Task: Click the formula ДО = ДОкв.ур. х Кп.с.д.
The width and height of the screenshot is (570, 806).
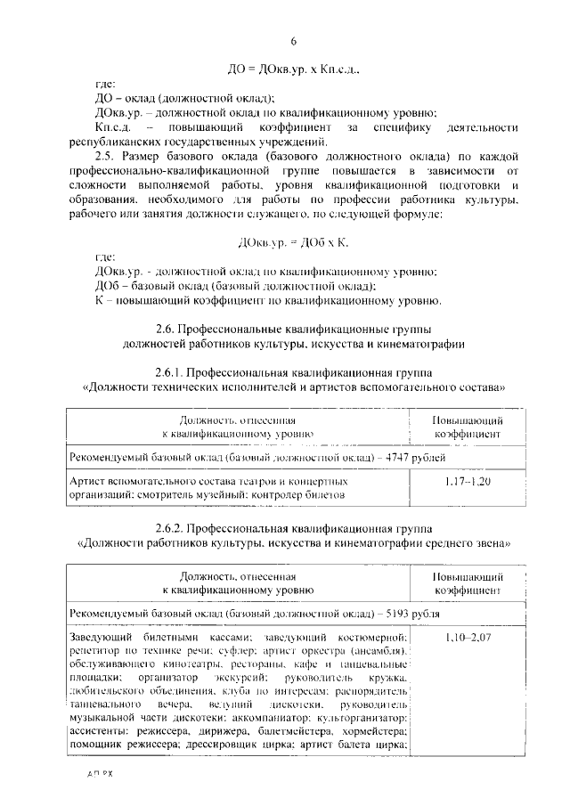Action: point(293,68)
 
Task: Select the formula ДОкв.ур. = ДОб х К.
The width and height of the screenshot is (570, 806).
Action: point(293,241)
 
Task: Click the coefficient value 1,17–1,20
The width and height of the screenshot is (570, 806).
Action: point(467,482)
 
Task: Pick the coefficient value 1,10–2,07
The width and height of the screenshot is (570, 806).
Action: point(467,638)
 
